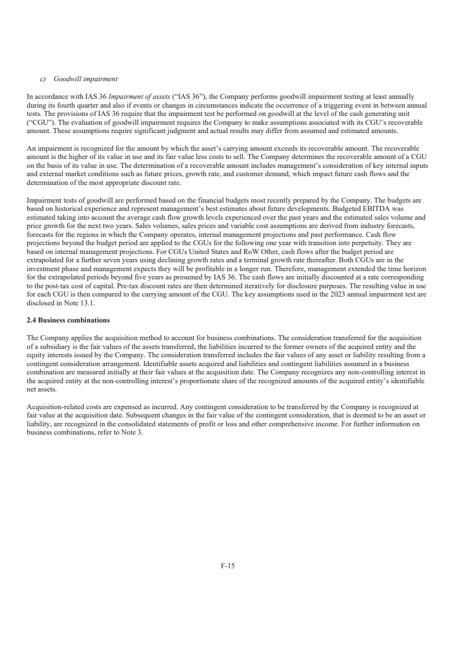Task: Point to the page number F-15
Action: (228, 565)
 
